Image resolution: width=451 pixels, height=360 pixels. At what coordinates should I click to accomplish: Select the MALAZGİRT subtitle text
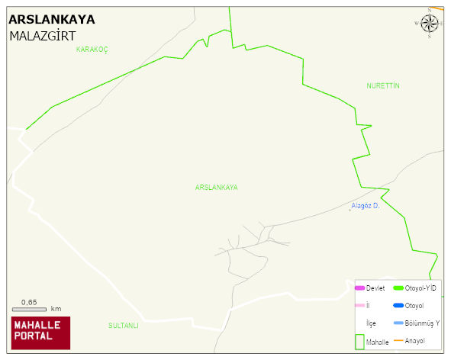coord(42,36)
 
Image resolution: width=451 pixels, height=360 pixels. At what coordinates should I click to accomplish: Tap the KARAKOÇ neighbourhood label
coord(92,50)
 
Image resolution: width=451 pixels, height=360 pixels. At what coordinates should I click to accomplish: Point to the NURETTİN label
coord(383,85)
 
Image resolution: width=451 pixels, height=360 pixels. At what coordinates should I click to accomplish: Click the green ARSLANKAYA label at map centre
coord(217,187)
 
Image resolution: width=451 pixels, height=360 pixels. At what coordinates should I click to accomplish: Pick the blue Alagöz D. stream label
coord(366,206)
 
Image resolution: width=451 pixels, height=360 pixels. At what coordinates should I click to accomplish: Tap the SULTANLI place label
coord(124,326)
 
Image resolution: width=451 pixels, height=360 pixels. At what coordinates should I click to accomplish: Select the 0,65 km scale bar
coord(35,307)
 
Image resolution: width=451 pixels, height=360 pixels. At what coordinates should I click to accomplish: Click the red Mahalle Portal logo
coord(40,333)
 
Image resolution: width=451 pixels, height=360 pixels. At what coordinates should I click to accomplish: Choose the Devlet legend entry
coord(375,288)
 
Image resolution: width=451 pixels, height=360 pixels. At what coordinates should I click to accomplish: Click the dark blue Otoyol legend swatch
coord(398,306)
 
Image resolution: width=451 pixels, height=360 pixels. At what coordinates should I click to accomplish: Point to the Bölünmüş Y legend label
coord(422,323)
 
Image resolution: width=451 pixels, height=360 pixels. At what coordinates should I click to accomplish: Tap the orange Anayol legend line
coord(398,340)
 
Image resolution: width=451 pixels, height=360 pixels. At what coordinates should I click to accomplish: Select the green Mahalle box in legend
coord(359,342)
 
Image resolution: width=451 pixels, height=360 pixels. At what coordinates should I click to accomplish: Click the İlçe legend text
coord(371,323)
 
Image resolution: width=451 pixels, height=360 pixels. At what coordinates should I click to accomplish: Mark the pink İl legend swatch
coord(359,306)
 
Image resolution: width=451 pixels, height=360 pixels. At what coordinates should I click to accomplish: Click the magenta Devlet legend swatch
coord(359,288)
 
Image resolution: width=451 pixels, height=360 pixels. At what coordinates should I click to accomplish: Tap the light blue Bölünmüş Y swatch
coord(398,323)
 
